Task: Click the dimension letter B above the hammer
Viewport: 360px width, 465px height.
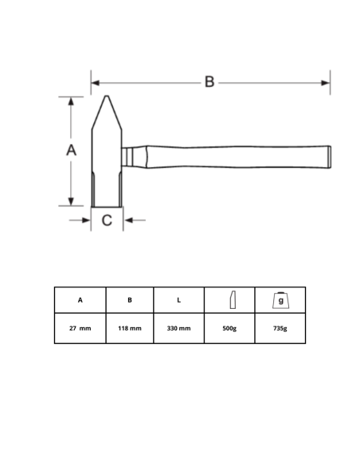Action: (209, 81)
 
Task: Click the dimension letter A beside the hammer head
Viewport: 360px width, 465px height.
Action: (71, 150)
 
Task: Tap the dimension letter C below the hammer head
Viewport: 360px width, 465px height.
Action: (107, 221)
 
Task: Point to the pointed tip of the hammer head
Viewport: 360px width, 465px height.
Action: (107, 96)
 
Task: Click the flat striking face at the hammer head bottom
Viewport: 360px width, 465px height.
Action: (107, 206)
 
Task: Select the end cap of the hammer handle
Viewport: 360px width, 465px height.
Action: (330, 157)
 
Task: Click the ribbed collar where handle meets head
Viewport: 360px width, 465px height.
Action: (127, 157)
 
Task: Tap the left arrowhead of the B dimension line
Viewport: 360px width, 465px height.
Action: (96, 83)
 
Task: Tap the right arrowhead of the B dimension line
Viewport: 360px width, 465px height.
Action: (326, 83)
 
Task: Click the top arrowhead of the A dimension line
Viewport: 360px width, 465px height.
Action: (71, 101)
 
